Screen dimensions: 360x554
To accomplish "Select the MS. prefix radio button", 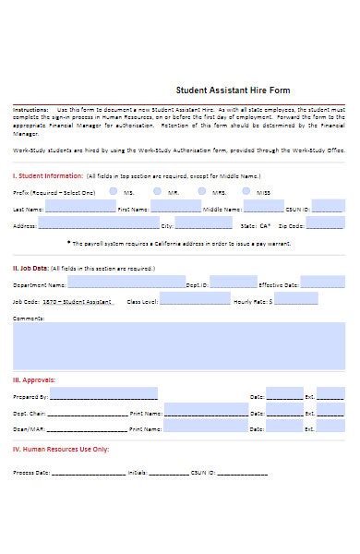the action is click(x=113, y=191).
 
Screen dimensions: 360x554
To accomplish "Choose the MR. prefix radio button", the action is click(x=158, y=191).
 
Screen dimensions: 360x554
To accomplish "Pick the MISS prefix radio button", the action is click(x=246, y=191).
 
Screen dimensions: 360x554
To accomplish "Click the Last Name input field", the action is click(x=78, y=208).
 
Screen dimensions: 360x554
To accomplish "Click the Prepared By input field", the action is click(x=103, y=394).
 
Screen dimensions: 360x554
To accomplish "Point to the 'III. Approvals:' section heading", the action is click(x=34, y=379).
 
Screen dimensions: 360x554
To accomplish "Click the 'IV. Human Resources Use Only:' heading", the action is click(x=61, y=449).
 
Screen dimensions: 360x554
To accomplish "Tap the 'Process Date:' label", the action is click(x=30, y=472).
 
